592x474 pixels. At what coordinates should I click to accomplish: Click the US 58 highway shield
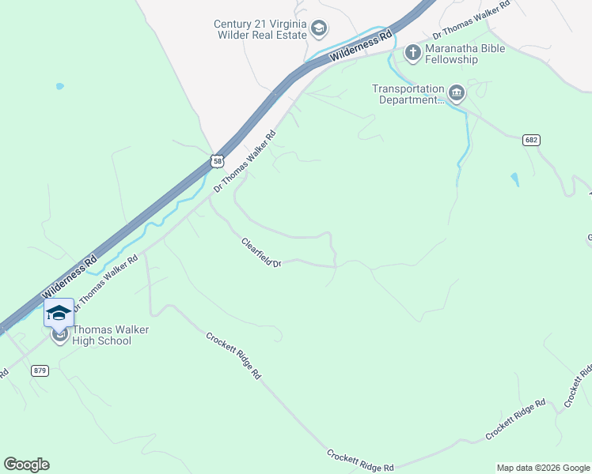point(218,160)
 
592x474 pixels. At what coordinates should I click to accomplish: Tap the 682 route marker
point(531,140)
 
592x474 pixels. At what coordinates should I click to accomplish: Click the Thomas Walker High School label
point(101,335)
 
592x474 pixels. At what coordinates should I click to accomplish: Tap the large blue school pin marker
point(59,314)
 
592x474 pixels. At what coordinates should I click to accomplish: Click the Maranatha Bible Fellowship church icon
point(412,53)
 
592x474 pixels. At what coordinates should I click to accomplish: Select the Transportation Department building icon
point(457,94)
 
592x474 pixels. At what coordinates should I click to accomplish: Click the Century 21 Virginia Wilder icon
point(318,29)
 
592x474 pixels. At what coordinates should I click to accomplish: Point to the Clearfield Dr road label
point(262,252)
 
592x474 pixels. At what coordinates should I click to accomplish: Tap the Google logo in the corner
point(26,465)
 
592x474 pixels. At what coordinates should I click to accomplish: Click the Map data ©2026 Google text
point(543,468)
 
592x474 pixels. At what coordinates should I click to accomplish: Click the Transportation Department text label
point(408,94)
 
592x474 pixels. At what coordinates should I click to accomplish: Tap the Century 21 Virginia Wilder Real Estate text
point(260,29)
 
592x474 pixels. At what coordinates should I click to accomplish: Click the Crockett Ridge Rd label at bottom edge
point(360,462)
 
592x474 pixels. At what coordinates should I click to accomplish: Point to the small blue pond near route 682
point(515,179)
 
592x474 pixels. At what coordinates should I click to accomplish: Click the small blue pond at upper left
point(59,86)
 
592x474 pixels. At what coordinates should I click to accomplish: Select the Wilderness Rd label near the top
point(361,47)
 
